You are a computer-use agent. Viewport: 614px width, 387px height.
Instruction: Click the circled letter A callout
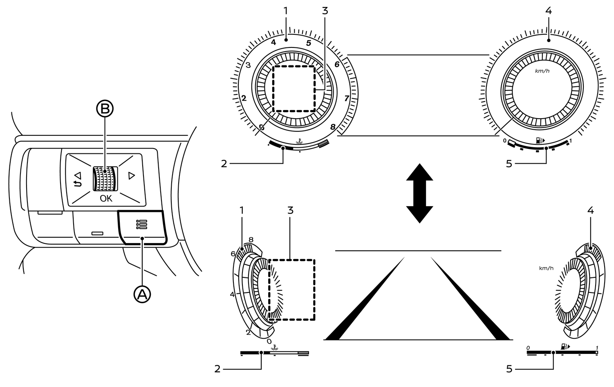coord(142,294)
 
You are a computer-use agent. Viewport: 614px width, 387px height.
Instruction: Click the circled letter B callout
coord(105,109)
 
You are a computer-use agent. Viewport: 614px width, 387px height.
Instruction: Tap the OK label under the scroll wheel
coord(106,199)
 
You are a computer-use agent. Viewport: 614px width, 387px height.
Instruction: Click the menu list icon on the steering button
coord(141,224)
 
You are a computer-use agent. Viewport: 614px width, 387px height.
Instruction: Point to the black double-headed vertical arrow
coord(419,193)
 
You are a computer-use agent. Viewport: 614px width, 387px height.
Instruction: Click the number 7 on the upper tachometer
coord(346,98)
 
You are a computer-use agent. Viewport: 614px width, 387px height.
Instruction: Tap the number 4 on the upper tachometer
coord(273,42)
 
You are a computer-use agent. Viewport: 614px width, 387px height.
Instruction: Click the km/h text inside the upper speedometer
coord(542,71)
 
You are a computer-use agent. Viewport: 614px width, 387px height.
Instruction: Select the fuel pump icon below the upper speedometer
coord(540,141)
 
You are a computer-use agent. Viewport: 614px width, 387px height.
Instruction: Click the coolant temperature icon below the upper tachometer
coord(300,142)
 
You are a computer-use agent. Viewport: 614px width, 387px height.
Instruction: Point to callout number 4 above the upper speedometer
coord(549,11)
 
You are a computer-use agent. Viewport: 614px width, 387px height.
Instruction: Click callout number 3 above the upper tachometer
coord(325,11)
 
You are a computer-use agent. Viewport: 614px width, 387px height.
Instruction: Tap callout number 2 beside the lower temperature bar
coord(217,369)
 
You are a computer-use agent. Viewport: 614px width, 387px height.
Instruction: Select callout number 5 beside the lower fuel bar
coord(509,369)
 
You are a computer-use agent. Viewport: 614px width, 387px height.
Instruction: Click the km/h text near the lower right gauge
coord(546,268)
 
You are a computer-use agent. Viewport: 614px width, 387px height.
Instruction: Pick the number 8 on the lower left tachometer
coord(251,239)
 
